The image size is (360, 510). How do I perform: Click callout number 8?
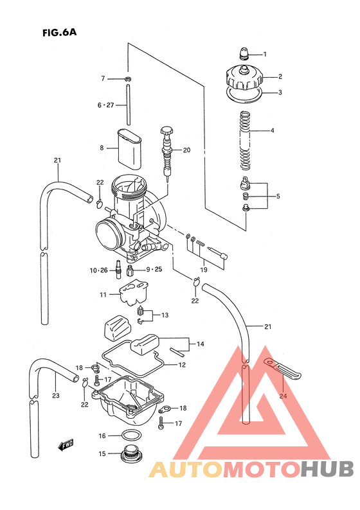(x=102, y=148)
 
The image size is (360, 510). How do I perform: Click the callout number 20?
(x=186, y=151)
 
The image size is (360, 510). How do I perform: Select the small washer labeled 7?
(x=128, y=80)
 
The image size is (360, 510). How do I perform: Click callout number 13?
(x=165, y=315)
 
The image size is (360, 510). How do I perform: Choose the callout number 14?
(x=201, y=344)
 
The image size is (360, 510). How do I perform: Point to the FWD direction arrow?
(x=65, y=443)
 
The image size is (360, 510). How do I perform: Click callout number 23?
(x=56, y=396)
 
